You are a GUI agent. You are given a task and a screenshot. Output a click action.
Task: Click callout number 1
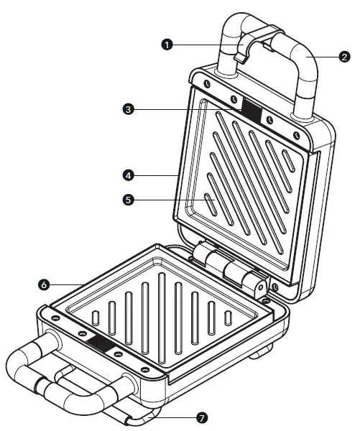[167, 45]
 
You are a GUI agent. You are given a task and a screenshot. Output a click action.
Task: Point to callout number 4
[128, 175]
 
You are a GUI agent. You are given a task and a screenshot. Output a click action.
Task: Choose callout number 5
[128, 201]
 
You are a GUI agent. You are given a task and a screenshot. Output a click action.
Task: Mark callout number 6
[44, 284]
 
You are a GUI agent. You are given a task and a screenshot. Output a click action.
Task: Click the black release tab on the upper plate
[251, 109]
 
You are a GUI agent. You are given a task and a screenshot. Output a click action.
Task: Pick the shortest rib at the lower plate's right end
[229, 317]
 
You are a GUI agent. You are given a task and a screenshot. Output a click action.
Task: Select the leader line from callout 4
[154, 175]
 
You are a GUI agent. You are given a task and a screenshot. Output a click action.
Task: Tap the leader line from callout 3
[187, 108]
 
